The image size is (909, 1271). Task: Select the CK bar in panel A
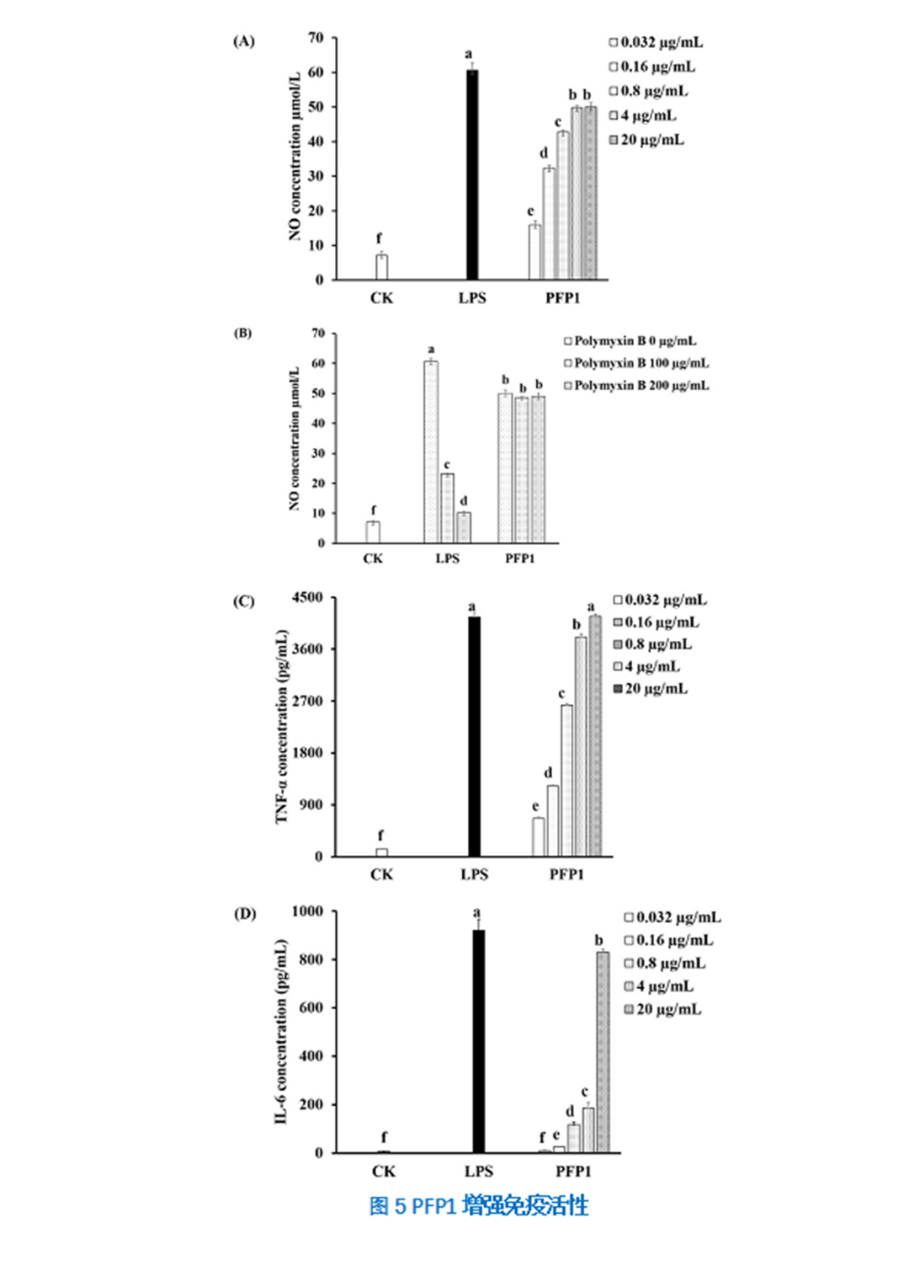381,267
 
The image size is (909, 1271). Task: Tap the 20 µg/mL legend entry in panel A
646,140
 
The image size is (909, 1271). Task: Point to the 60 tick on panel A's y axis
316,72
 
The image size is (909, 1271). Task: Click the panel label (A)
243,41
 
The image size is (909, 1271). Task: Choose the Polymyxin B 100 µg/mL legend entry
636,363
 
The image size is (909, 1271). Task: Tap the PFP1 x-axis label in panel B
519,558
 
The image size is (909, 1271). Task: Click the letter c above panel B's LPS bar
447,464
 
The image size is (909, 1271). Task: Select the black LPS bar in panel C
474,736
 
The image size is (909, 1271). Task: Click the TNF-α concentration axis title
282,727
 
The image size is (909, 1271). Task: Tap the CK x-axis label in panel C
381,874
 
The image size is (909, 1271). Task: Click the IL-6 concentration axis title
281,1032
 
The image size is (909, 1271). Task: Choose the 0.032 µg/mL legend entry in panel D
672,917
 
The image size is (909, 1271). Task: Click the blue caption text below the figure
478,1206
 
